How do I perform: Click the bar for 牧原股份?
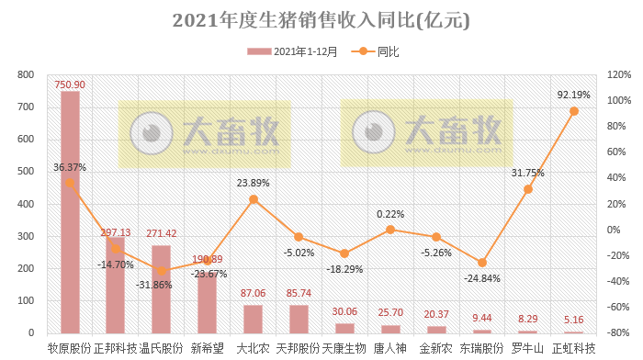click(70, 211)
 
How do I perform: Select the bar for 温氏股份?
click(161, 288)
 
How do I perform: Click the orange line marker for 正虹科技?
click(573, 111)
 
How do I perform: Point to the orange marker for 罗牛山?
click(527, 189)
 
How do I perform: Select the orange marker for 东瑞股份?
click(482, 263)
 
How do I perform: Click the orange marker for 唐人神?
click(390, 230)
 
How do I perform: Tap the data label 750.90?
click(70, 83)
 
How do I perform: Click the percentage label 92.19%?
click(573, 94)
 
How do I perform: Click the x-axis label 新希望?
click(207, 348)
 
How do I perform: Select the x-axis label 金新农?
click(436, 348)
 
